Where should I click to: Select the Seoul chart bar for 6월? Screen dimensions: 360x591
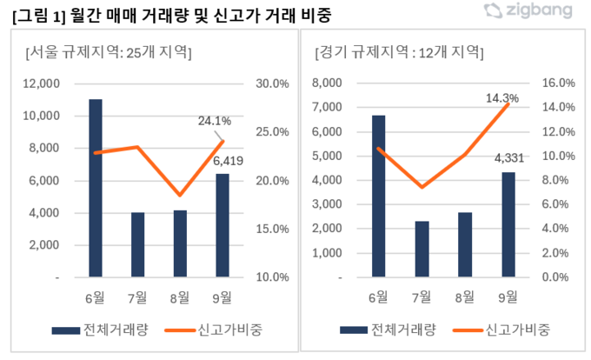(x=95, y=188)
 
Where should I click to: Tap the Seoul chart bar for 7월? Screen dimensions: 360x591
(x=137, y=244)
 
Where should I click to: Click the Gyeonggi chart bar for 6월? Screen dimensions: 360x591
(x=378, y=196)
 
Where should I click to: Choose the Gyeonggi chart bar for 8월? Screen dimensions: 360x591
(x=464, y=244)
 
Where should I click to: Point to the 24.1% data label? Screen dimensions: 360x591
(x=215, y=121)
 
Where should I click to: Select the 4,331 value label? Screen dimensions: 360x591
(x=509, y=159)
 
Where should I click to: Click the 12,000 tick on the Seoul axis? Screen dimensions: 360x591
(x=42, y=83)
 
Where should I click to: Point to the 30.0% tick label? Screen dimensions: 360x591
(x=271, y=83)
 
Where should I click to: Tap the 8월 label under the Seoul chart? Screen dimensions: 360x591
(x=180, y=298)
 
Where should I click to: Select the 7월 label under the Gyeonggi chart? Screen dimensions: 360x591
(x=422, y=298)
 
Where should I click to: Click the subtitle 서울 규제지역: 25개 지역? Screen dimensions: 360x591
(x=109, y=52)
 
